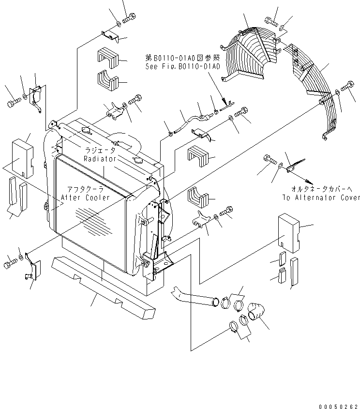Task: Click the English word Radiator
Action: (x=99, y=158)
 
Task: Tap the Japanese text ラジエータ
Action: (x=100, y=151)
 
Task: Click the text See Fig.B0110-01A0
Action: (x=183, y=66)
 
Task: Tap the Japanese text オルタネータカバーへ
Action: (x=320, y=190)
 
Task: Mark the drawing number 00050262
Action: (x=338, y=406)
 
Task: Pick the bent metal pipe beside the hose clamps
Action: (x=194, y=299)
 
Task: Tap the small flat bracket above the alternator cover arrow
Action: (x=291, y=168)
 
